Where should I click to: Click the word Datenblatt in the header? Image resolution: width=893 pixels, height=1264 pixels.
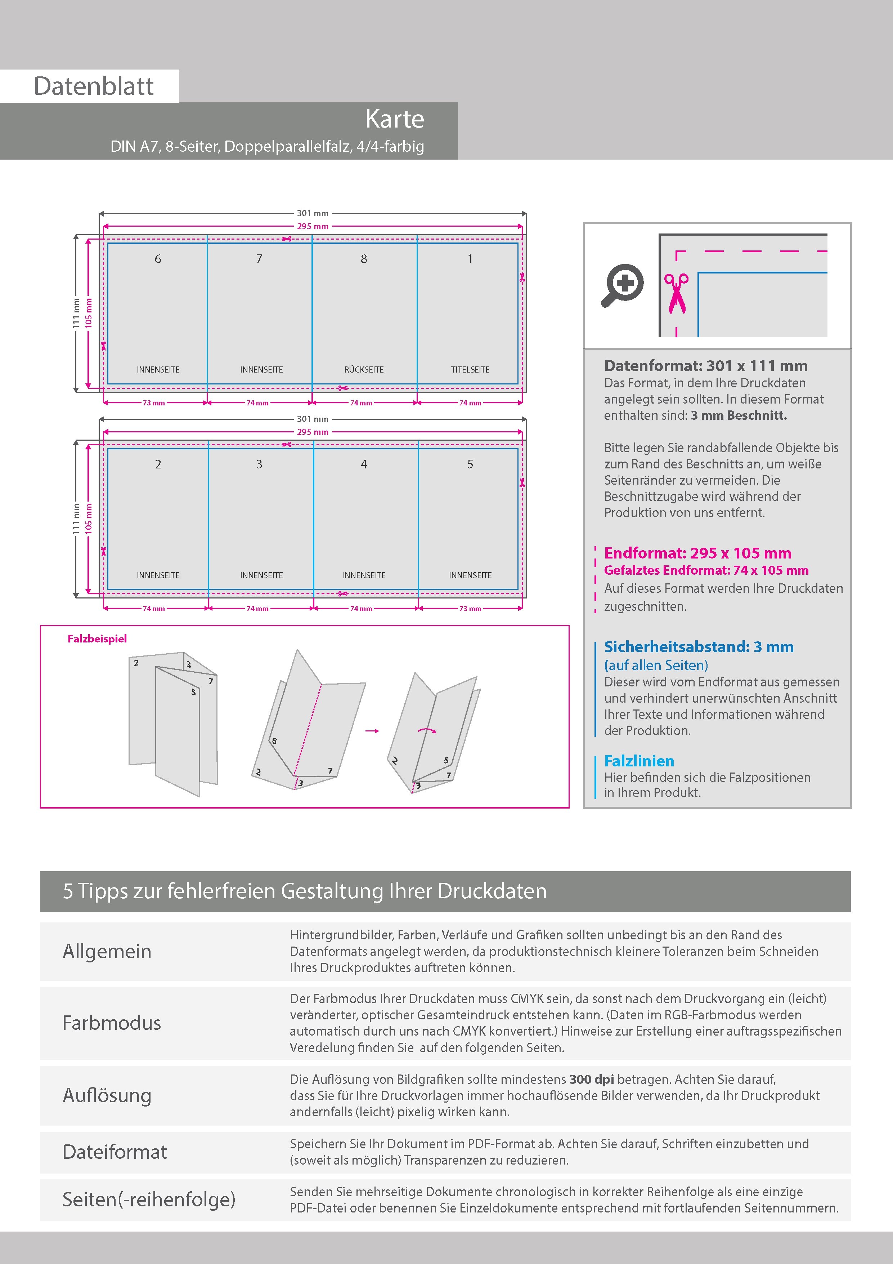(94, 86)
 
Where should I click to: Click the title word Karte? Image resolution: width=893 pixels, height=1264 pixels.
(395, 119)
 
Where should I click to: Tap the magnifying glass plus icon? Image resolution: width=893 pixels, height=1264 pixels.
(622, 285)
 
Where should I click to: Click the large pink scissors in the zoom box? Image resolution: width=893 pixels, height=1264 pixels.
(676, 293)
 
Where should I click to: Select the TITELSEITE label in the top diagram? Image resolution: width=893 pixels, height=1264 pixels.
(470, 369)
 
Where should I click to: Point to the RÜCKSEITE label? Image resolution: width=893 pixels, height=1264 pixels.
(364, 369)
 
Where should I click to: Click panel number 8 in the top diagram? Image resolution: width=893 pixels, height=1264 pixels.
(364, 259)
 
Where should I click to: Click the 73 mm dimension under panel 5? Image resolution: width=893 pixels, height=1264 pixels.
(470, 608)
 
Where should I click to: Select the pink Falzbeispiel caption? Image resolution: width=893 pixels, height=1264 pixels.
(97, 638)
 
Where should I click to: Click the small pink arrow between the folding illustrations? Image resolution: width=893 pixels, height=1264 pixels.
(372, 730)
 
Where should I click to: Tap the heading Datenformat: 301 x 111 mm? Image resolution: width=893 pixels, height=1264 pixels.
(705, 366)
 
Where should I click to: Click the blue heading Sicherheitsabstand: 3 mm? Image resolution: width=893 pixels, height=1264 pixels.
(698, 646)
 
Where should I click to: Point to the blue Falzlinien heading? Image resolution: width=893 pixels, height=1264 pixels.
(639, 761)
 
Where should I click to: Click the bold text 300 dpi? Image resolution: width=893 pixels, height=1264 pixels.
(592, 1079)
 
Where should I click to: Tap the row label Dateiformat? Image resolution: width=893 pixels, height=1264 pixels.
(115, 1152)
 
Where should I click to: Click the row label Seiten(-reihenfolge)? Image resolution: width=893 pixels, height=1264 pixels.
(149, 1199)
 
